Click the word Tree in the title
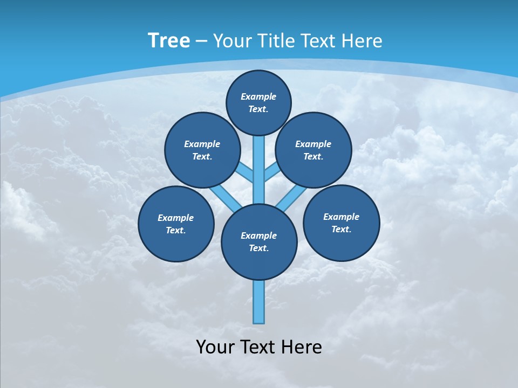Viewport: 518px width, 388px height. point(169,40)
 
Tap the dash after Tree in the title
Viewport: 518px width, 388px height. point(202,41)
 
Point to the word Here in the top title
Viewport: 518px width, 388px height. point(362,40)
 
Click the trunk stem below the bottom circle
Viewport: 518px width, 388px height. point(259,302)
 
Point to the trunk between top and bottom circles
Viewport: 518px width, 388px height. point(259,170)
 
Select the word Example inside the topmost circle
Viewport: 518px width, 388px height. point(258,96)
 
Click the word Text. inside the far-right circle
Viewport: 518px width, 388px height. point(341,229)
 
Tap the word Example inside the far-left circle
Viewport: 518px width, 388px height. point(175,218)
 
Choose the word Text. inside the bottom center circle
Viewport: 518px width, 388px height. point(259,248)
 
